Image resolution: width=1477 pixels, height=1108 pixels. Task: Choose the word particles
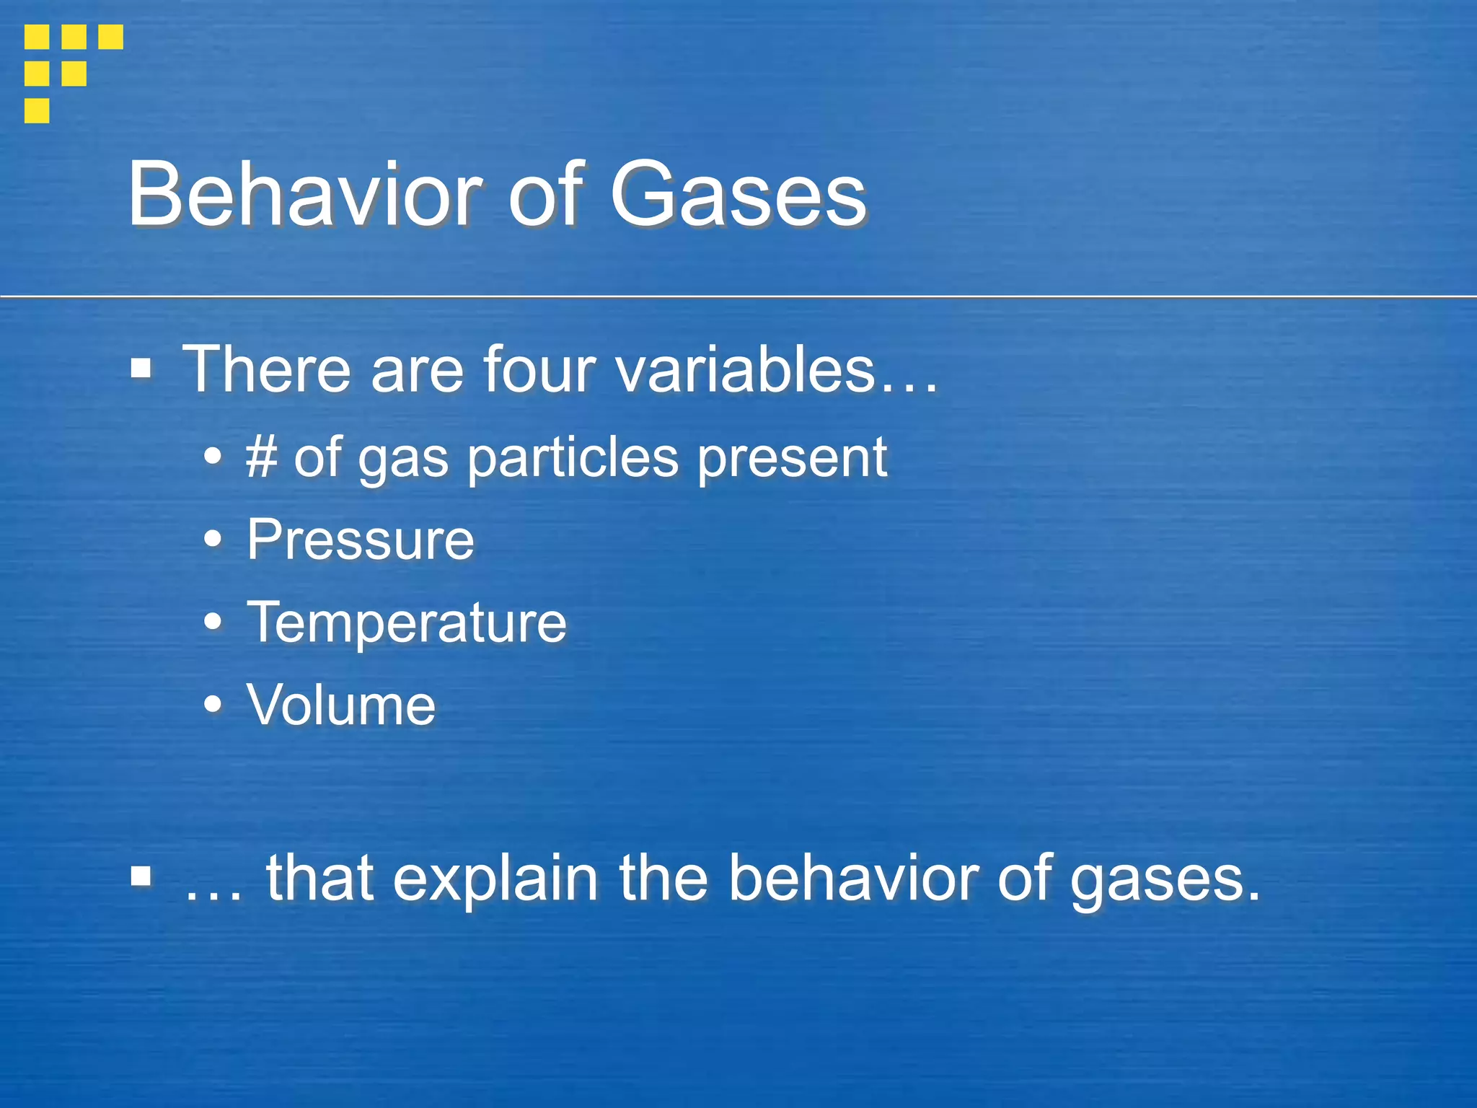[x=573, y=459]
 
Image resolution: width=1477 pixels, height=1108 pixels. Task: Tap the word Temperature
[x=407, y=623]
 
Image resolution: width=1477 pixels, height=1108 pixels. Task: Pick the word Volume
[x=341, y=705]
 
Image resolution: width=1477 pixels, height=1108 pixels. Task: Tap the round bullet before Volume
[x=213, y=705]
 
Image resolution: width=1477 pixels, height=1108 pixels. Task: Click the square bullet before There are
[x=141, y=369]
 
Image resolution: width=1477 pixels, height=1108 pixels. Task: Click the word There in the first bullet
[x=266, y=369]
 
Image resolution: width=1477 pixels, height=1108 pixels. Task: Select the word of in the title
[x=544, y=195]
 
